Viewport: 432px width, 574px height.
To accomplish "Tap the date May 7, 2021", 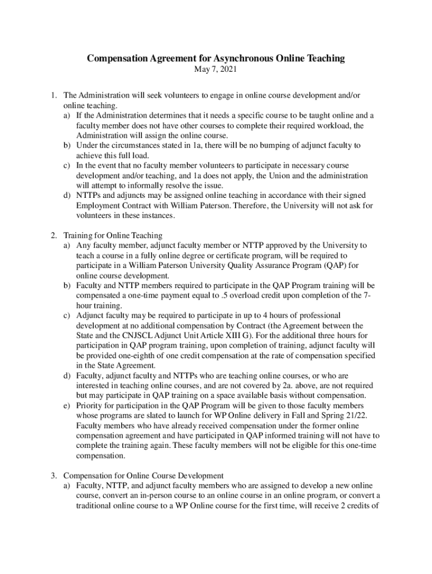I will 215,70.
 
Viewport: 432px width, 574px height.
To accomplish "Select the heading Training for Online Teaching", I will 113,235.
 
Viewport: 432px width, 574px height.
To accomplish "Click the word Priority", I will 90,405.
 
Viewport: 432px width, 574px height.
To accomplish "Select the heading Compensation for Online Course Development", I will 144,476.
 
